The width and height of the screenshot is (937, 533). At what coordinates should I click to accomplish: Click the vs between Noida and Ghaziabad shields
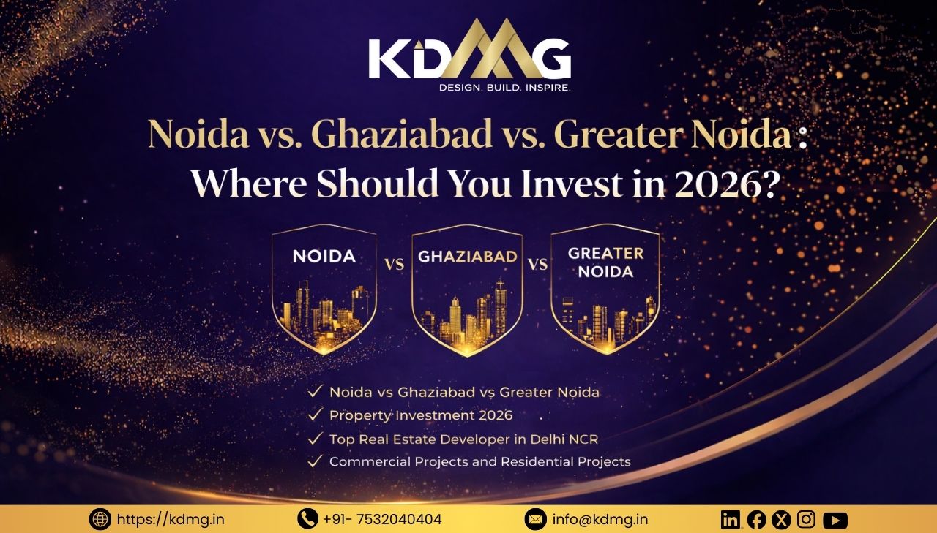(394, 264)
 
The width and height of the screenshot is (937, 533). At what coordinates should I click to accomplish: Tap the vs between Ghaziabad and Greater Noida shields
(537, 264)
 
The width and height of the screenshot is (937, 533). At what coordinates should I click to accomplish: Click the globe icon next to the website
(100, 520)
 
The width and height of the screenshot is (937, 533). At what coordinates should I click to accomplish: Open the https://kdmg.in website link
(171, 520)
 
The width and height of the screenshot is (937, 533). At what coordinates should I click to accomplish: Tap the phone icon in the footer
(307, 519)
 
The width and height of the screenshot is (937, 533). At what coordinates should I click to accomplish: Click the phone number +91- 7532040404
(382, 520)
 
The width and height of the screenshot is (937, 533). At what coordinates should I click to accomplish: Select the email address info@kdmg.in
(600, 520)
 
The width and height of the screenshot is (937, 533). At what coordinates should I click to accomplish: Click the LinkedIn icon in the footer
(731, 520)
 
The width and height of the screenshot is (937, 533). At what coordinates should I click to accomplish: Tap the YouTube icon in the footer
(835, 520)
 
